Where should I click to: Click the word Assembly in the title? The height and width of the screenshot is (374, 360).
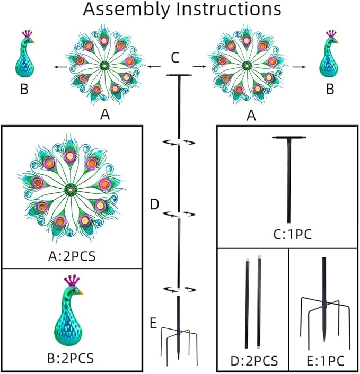(126, 10)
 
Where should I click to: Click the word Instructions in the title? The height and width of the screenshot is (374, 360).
(229, 9)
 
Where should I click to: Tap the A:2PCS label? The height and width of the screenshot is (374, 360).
(72, 256)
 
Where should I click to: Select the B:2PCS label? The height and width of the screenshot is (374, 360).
(71, 358)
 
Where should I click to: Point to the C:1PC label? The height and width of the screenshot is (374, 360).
(293, 235)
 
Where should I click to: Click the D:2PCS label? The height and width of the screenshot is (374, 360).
(254, 361)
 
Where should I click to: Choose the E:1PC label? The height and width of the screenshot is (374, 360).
(326, 361)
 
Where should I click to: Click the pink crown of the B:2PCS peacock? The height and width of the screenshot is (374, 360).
(72, 280)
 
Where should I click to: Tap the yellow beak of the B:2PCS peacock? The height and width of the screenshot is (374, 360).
(81, 292)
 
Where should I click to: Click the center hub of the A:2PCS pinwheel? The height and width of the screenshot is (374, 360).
(71, 190)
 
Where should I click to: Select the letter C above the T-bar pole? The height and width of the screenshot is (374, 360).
(175, 58)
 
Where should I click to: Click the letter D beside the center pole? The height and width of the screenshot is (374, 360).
(154, 204)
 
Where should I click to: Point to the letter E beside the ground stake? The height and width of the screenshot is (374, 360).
(153, 324)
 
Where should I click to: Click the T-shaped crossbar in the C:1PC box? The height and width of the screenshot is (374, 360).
(289, 138)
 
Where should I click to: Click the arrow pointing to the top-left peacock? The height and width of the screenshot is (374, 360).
(60, 67)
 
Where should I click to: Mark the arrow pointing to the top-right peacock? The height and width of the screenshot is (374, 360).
(299, 67)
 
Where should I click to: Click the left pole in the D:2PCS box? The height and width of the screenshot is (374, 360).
(247, 303)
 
